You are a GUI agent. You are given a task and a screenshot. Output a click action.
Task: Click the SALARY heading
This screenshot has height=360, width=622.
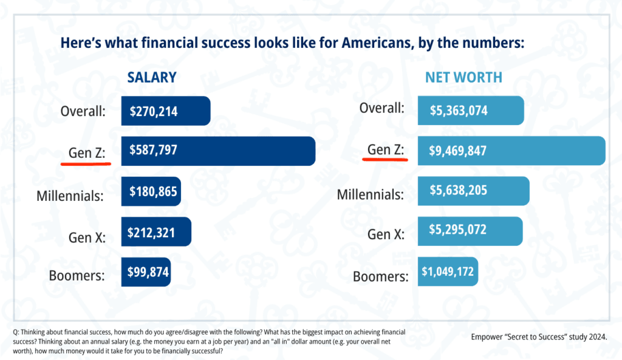click(151, 77)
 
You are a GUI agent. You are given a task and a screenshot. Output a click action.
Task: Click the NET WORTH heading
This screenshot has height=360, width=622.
click(463, 78)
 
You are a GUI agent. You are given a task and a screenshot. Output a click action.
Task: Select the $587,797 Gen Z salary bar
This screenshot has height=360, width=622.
click(218, 151)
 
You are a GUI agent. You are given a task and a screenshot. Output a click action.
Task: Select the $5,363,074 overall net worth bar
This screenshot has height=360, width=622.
click(470, 111)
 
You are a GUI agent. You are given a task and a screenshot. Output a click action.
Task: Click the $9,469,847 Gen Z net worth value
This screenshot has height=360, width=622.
click(459, 151)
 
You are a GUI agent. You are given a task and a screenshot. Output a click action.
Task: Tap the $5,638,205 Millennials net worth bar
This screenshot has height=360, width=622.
click(473, 191)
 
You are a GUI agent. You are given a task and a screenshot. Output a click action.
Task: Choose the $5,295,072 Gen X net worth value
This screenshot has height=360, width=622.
click(458, 231)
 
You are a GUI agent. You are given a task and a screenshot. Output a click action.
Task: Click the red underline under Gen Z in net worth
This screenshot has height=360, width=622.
click(384, 159)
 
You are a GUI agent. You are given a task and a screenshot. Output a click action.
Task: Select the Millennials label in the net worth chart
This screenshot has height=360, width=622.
click(371, 195)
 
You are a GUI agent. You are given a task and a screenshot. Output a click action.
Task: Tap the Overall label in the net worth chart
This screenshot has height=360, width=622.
click(381, 108)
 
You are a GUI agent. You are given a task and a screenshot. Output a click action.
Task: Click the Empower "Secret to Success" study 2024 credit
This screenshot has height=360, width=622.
click(538, 336)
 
